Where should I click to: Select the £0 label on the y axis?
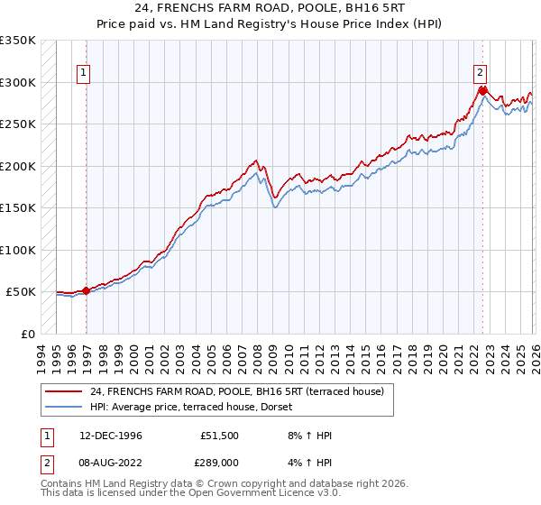pos(28,334)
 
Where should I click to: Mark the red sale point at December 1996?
pos(87,290)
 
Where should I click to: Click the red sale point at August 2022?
pos(482,90)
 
